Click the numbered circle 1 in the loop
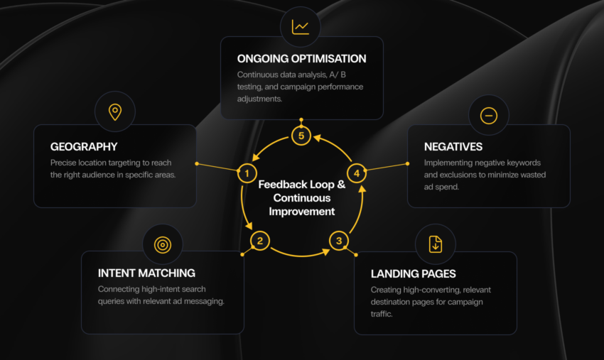tap(247, 173)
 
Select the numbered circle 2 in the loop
tap(260, 241)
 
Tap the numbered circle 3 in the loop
tap(339, 241)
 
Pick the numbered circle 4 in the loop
tap(357, 173)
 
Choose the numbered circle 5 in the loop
tap(301, 136)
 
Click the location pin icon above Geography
tap(115, 112)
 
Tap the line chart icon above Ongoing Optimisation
tap(301, 27)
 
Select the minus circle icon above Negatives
tap(488, 116)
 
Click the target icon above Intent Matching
tap(163, 244)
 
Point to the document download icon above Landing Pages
tap(436, 244)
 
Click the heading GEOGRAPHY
tap(84, 147)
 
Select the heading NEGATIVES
tap(453, 147)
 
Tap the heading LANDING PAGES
tap(414, 274)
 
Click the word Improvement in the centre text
tap(301, 212)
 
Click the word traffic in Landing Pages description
tap(382, 314)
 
